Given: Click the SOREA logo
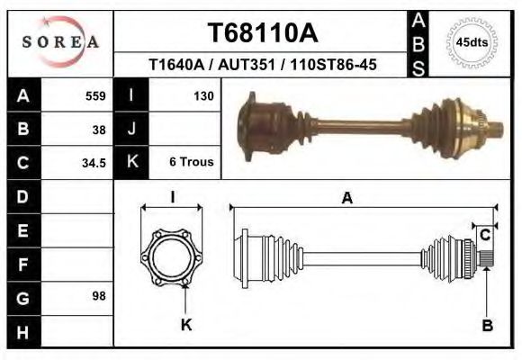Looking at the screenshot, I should tap(60, 42).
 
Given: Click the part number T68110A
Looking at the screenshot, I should tap(262, 33).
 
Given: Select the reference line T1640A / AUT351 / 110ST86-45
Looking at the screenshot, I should tap(262, 66).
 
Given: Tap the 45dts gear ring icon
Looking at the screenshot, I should tap(472, 41).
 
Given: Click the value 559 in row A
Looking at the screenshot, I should tap(94, 95).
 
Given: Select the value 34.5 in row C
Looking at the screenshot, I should tap(94, 163).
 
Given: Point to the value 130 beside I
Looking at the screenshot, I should tap(202, 95).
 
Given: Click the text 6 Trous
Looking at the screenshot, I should tap(191, 163).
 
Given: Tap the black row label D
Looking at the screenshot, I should tap(23, 196).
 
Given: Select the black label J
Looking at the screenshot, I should tap(131, 129).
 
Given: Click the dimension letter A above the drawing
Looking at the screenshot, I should tap(346, 199).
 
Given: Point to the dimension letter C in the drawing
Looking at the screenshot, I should tap(484, 236).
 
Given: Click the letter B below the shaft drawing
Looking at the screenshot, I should tap(487, 326).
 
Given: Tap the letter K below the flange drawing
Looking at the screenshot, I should tap(186, 325).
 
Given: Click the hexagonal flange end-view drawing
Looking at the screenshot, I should tap(173, 259).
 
